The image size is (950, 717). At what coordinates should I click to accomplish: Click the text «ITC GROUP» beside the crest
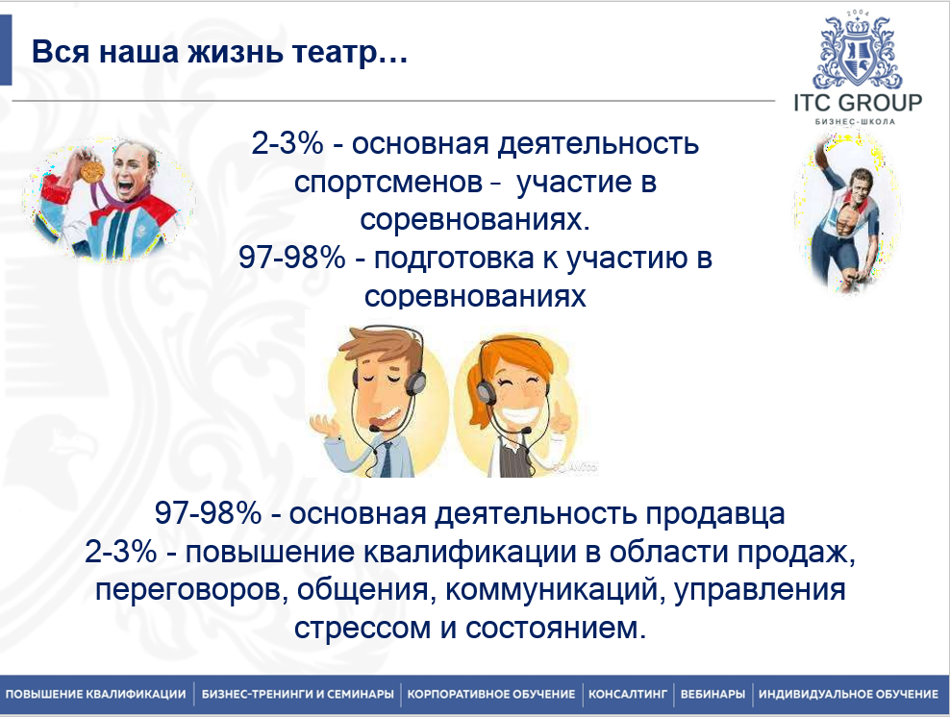point(858,103)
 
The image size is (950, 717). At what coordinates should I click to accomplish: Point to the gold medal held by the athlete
point(93,170)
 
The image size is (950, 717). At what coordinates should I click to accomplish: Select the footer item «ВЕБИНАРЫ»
point(712,694)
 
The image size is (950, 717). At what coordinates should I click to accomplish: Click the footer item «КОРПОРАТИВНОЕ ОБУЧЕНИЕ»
point(490,694)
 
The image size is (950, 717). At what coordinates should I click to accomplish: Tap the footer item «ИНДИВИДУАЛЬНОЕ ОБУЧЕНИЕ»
point(848,694)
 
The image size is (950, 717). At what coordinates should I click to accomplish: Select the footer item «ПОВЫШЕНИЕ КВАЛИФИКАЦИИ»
point(95,694)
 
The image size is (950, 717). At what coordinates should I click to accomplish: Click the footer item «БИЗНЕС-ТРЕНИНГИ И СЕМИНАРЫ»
point(297,694)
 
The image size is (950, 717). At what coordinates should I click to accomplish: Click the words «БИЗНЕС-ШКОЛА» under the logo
point(858,122)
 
